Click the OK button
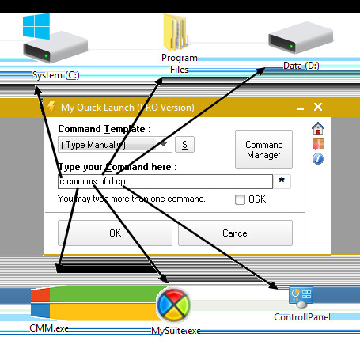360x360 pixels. (x=115, y=233)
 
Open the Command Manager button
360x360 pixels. (x=263, y=150)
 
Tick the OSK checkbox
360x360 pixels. (x=240, y=199)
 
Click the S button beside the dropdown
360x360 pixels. (x=184, y=145)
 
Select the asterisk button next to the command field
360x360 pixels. (x=282, y=181)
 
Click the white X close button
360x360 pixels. (x=318, y=107)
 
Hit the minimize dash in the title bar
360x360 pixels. (x=301, y=109)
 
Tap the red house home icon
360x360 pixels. (x=318, y=128)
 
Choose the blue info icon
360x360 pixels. (x=318, y=159)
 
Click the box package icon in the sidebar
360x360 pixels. (x=318, y=144)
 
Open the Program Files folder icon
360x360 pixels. (x=175, y=32)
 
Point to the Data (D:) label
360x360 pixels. (x=301, y=66)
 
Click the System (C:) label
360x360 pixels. (x=56, y=75)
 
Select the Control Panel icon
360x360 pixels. (x=301, y=297)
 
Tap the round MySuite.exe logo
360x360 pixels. (x=173, y=305)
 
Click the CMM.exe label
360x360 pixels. (x=49, y=328)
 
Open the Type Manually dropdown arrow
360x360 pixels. (x=164, y=144)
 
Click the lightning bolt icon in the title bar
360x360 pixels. (x=51, y=107)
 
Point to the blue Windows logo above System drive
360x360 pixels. (x=36, y=26)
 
